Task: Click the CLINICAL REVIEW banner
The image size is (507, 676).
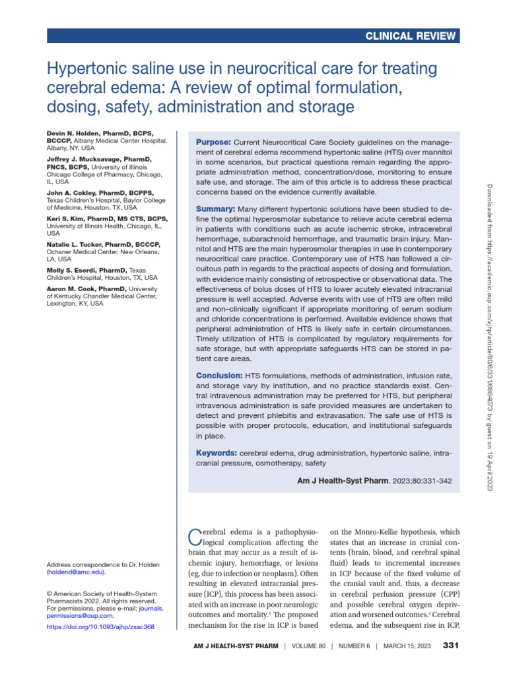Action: pyautogui.click(x=411, y=36)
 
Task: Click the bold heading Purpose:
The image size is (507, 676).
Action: pyautogui.click(x=213, y=143)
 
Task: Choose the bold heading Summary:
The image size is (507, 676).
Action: pyautogui.click(x=216, y=209)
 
